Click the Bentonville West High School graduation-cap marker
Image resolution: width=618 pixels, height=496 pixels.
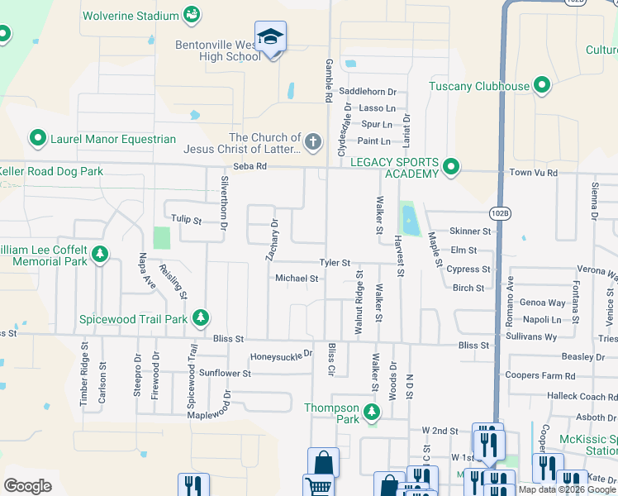pos(270,38)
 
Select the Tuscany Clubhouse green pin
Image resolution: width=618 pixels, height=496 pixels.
pos(542,86)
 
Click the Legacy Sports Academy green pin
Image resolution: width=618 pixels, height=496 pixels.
pos(450,168)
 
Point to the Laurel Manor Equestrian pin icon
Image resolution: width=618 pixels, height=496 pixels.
pos(37,139)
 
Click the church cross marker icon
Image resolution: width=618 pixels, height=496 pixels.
pos(312,142)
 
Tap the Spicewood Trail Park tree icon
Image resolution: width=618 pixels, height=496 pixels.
pos(200,318)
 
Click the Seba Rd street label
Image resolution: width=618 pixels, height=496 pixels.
pos(250,166)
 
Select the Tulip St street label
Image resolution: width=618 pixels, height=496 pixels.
pos(186,221)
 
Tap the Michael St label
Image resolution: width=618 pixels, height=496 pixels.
pos(297,279)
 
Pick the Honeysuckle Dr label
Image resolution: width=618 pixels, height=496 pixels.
pos(282,355)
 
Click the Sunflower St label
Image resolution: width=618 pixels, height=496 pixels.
pos(224,374)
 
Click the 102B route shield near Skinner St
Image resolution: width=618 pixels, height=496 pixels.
pos(500,213)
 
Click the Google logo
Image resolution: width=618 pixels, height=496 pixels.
pos(27,486)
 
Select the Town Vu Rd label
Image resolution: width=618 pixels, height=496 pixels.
pos(533,173)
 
